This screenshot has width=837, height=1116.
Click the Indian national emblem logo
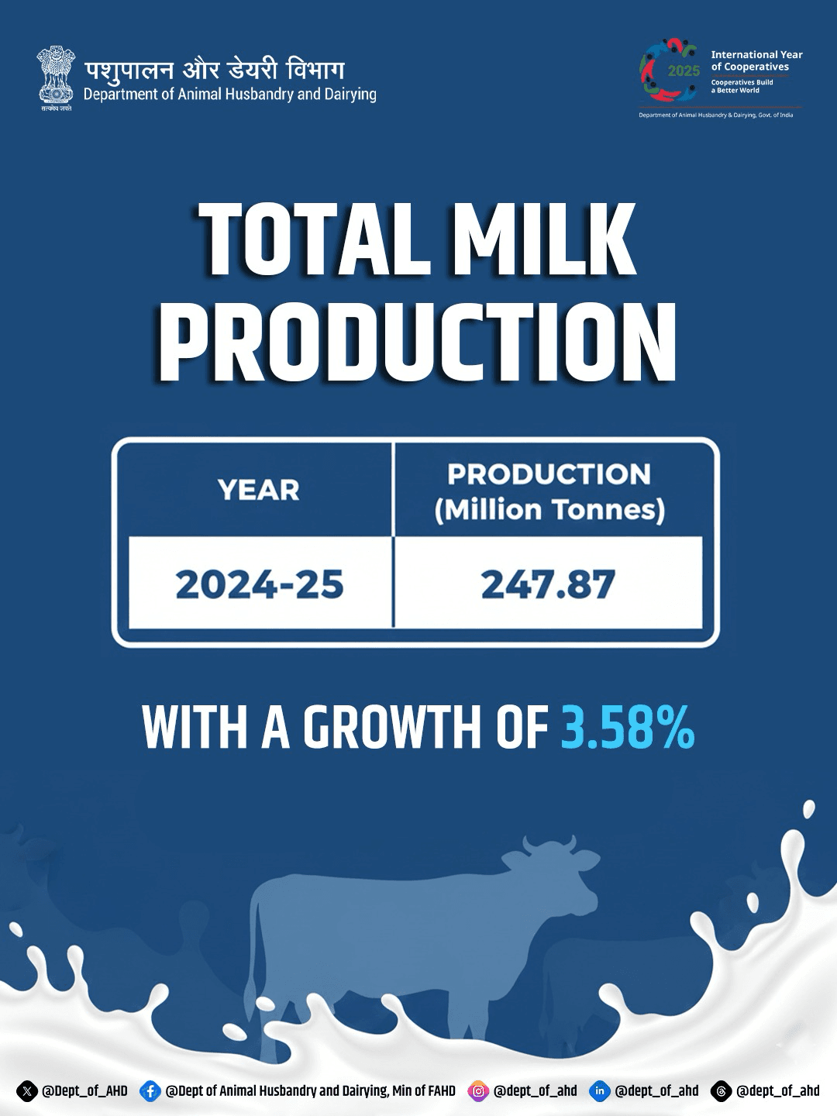[56, 78]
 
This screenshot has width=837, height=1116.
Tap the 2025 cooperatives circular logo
[670, 70]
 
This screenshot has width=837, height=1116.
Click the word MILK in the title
[544, 239]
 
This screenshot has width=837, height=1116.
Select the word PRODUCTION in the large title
[418, 342]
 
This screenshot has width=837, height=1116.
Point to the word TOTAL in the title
[314, 239]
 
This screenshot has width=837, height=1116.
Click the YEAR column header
[259, 490]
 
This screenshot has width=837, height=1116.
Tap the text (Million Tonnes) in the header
[549, 510]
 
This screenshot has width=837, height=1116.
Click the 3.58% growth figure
[628, 727]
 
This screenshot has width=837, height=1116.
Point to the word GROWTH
[391, 728]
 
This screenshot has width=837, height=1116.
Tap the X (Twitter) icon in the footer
[27, 1091]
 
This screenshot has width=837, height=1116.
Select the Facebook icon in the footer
[150, 1091]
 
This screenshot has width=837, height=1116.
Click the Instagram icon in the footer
[478, 1091]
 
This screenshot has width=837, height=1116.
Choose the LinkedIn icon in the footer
[600, 1091]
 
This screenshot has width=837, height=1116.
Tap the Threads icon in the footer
[721, 1091]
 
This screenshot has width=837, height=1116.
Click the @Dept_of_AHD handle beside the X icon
[84, 1091]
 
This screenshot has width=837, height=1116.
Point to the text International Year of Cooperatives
[756, 60]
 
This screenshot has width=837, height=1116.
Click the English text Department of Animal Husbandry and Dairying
[229, 95]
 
